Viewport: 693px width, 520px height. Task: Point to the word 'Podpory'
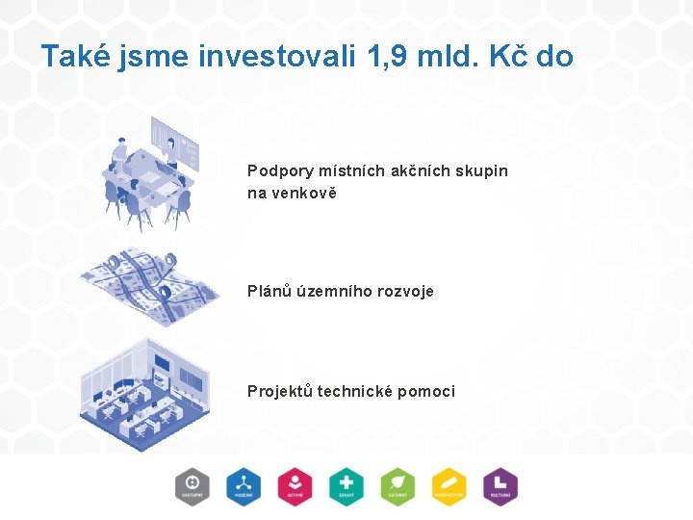(x=280, y=171)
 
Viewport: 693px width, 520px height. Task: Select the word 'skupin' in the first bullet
(x=480, y=171)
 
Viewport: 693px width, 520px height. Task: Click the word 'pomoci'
(x=424, y=391)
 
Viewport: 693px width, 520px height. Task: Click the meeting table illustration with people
(x=152, y=174)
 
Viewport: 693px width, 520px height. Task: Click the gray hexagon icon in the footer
(x=192, y=486)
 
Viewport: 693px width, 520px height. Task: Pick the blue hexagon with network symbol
(x=244, y=486)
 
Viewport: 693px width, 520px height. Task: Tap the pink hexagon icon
(x=295, y=486)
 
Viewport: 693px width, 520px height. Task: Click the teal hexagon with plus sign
(x=346, y=486)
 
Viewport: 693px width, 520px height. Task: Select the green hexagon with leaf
(x=397, y=486)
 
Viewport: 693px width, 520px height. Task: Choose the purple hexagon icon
(x=500, y=486)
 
